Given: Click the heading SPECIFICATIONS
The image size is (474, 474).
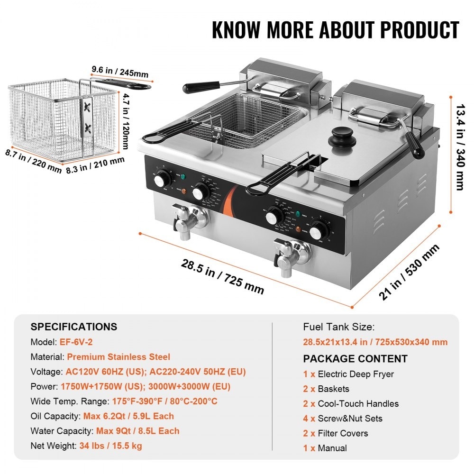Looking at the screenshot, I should pyautogui.click(x=73, y=327).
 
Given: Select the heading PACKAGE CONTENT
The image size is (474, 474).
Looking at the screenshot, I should pyautogui.click(x=355, y=359).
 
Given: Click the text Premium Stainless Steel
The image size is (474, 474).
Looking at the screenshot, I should pyautogui.click(x=118, y=357).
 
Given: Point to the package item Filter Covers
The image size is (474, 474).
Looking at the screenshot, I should pyautogui.click(x=343, y=433).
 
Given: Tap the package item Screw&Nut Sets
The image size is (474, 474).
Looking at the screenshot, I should pyautogui.click(x=350, y=419).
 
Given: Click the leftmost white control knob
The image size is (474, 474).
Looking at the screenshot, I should pyautogui.click(x=162, y=180).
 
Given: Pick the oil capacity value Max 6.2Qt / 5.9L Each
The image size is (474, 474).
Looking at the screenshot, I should pyautogui.click(x=128, y=416).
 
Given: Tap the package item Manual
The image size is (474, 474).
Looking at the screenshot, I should pyautogui.click(x=332, y=448).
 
